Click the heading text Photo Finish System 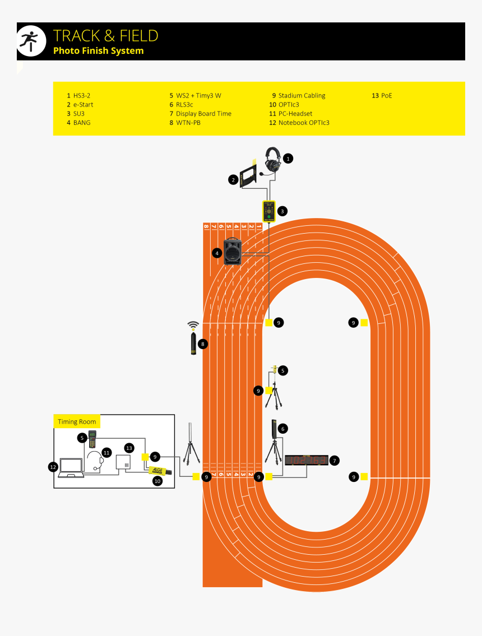tap(98, 51)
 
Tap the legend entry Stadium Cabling tap(301, 96)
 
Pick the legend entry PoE tap(386, 96)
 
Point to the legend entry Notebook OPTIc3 tap(303, 123)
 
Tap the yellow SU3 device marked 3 tap(269, 211)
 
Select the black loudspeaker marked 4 tap(232, 252)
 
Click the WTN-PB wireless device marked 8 tap(193, 343)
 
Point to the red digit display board tap(306, 461)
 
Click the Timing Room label tap(77, 422)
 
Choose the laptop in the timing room tap(71, 467)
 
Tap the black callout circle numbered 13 tap(129, 448)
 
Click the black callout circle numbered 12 tap(53, 466)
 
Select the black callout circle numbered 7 tap(334, 461)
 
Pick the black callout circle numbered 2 tap(233, 180)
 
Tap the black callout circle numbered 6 tap(283, 429)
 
